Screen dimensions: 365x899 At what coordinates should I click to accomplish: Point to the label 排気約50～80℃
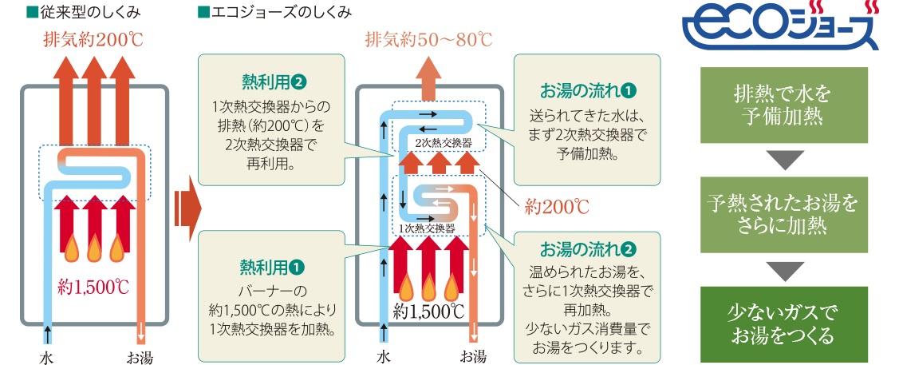click(428, 39)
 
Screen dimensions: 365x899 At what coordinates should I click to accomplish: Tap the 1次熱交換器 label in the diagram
click(427, 228)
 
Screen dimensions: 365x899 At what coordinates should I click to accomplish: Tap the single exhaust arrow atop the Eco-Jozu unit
click(428, 77)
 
